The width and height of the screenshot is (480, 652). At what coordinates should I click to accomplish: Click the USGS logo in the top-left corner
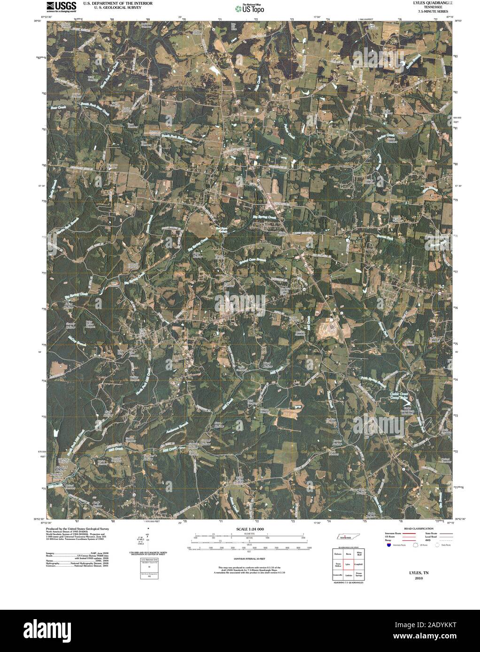(x=61, y=6)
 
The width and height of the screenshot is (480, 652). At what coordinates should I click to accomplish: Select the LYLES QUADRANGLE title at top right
(x=428, y=3)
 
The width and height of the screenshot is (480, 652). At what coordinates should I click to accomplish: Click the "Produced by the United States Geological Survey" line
(x=77, y=528)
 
